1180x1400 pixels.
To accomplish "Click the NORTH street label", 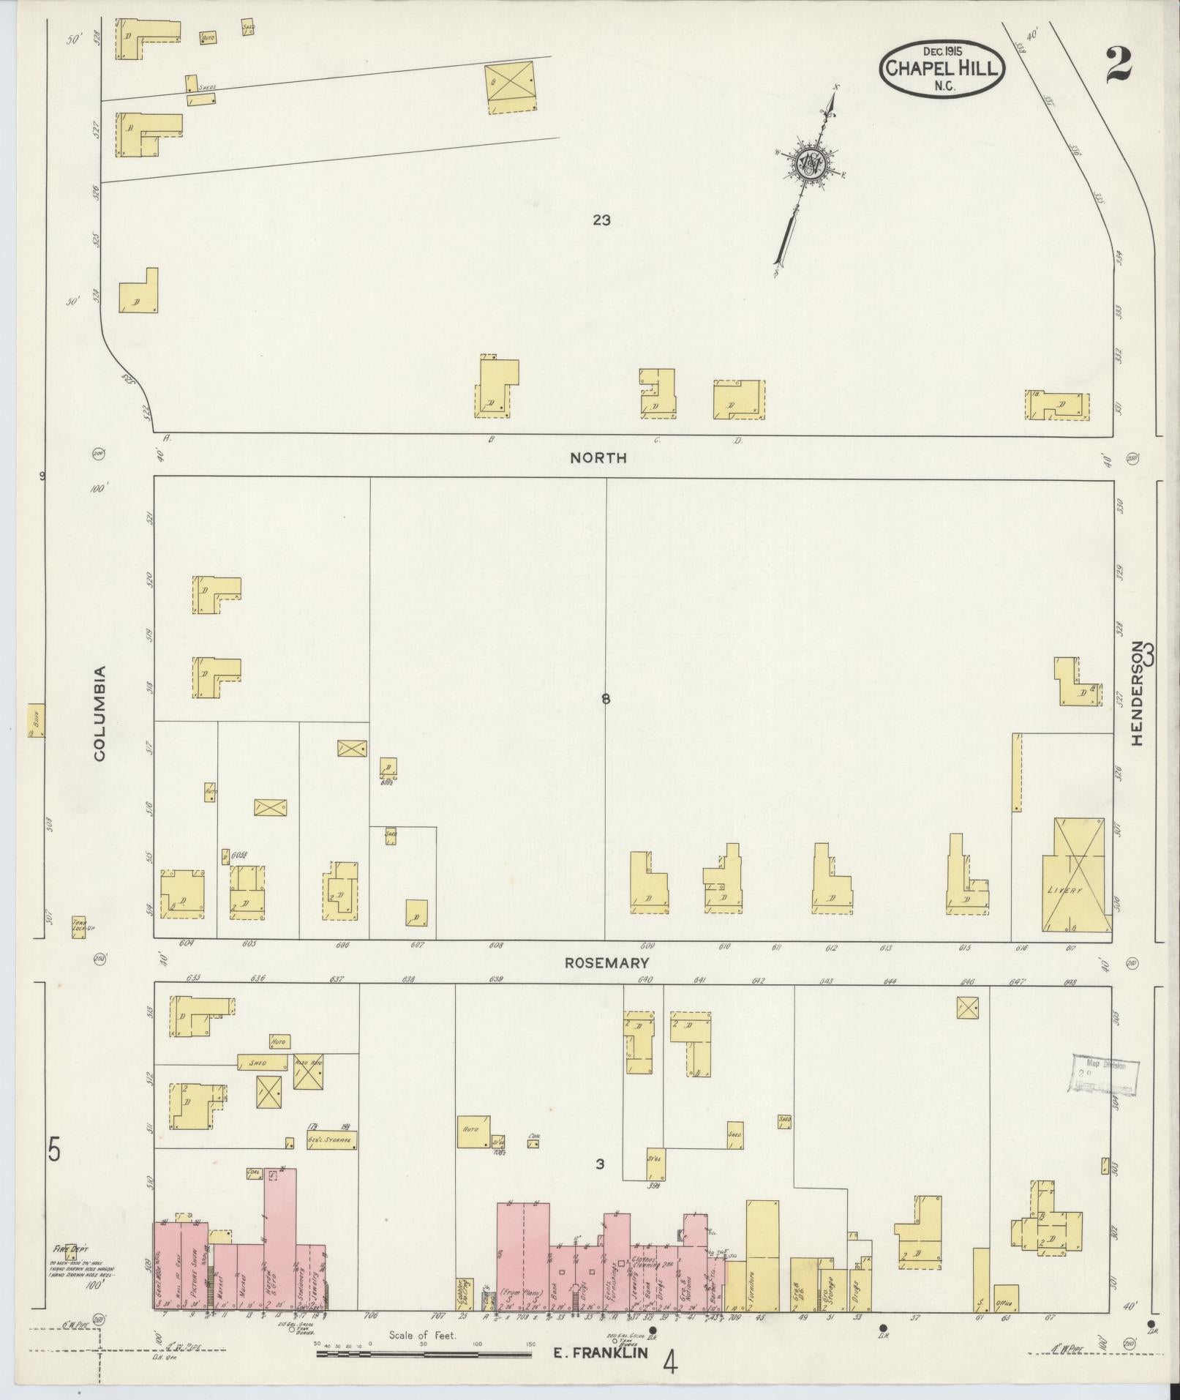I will [598, 458].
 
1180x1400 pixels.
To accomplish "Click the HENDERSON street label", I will [1136, 694].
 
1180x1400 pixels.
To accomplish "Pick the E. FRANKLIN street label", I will [600, 1353].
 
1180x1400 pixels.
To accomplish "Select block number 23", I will [601, 220].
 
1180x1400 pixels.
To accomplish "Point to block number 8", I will [605, 699].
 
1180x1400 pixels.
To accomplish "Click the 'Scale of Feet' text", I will [422, 1335].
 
